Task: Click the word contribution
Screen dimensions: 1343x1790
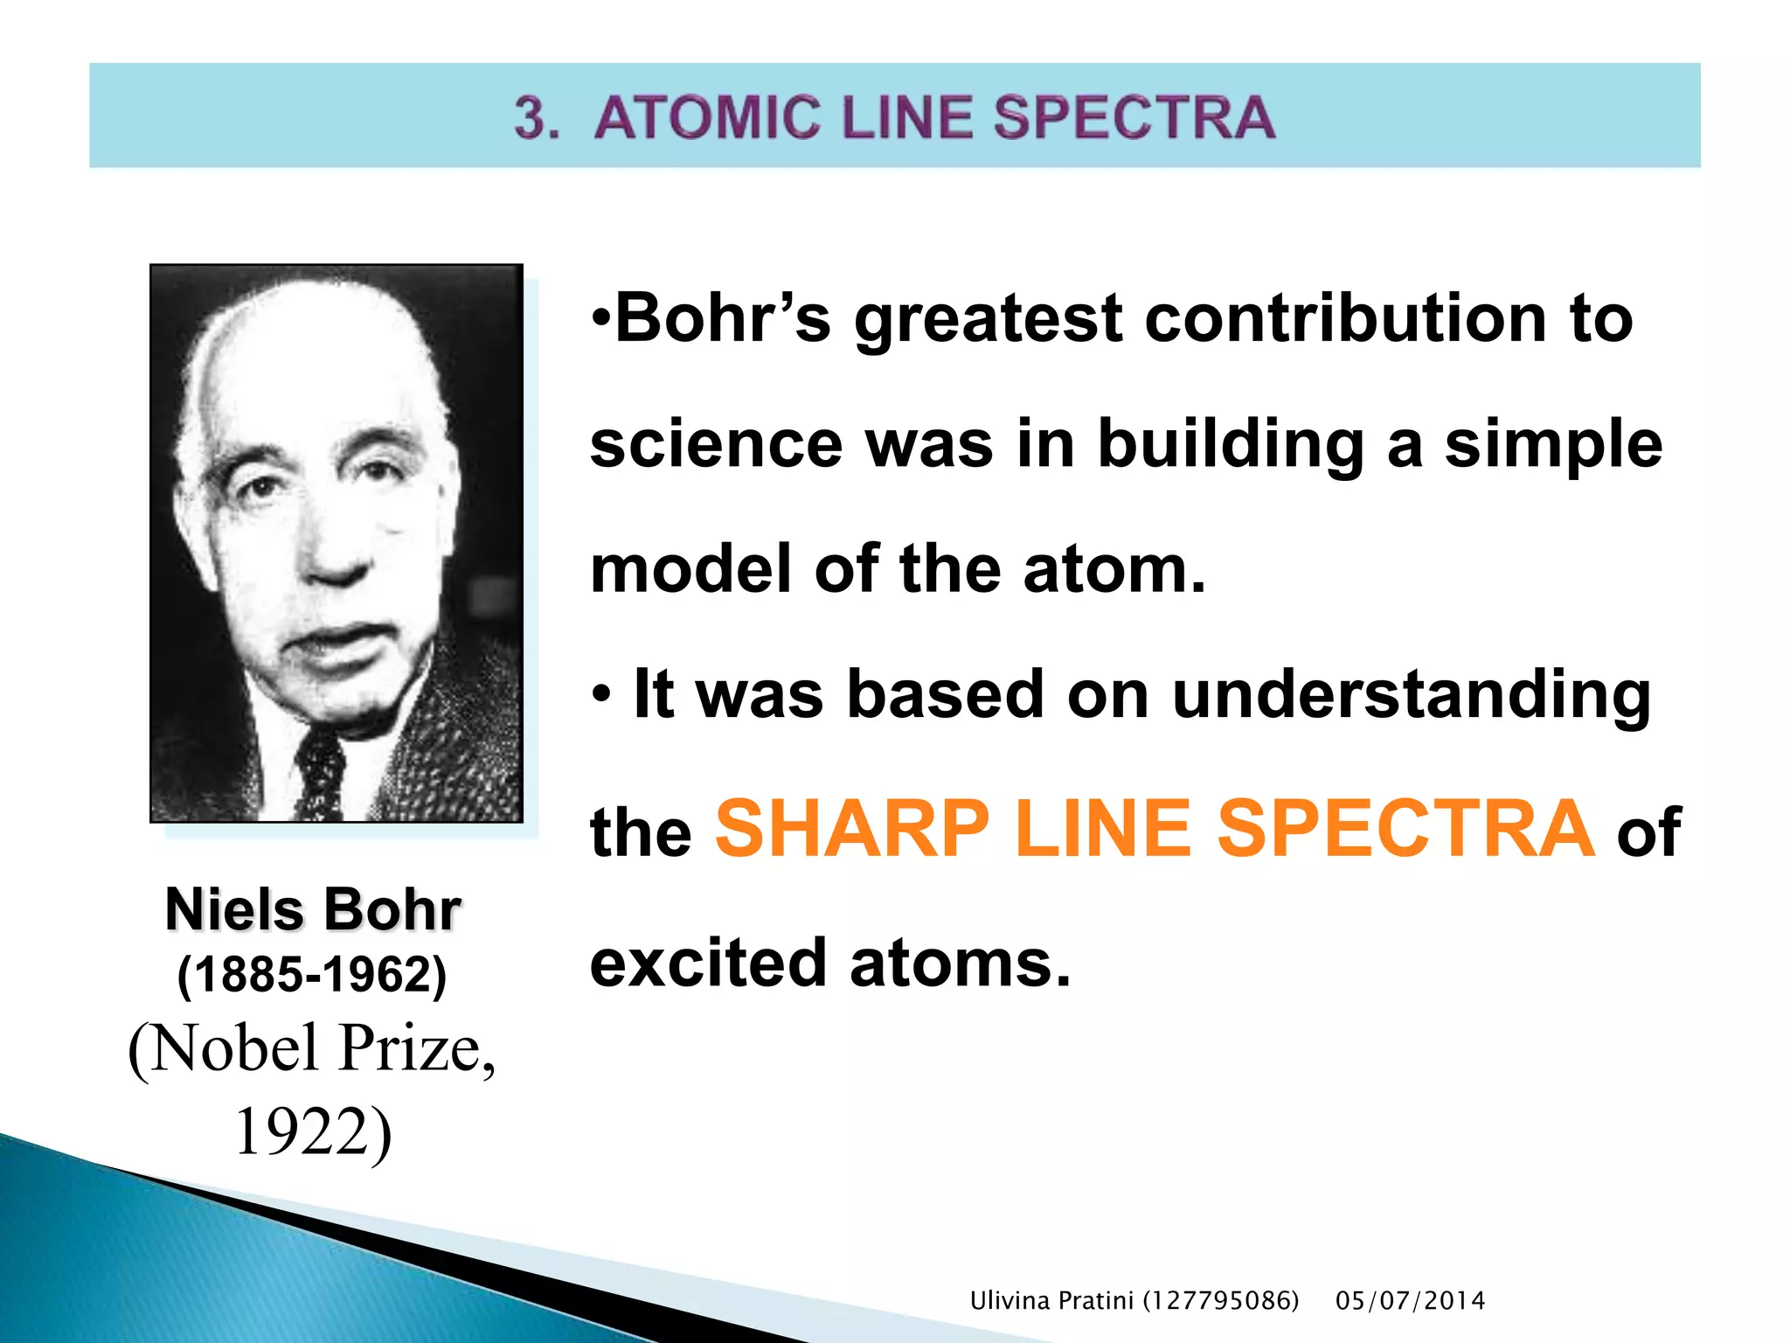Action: coord(1346,318)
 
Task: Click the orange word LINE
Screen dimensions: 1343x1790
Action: coord(1103,829)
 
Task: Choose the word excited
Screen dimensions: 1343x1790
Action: coord(708,963)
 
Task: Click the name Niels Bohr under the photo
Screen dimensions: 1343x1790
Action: coord(313,910)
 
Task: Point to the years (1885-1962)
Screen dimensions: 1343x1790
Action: coord(312,974)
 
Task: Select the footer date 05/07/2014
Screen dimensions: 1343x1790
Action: coord(1410,1301)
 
